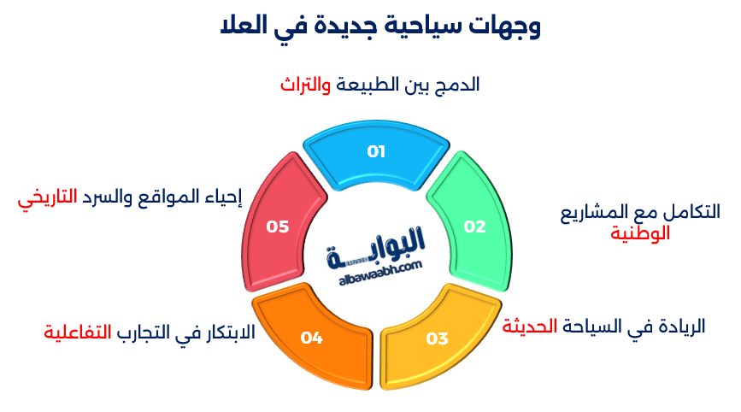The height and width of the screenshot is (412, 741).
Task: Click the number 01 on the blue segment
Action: pyautogui.click(x=376, y=152)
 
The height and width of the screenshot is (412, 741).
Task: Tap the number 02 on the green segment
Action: pyautogui.click(x=474, y=227)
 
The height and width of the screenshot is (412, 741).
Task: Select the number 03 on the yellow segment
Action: pyautogui.click(x=437, y=338)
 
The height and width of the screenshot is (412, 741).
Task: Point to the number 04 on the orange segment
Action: pyautogui.click(x=311, y=338)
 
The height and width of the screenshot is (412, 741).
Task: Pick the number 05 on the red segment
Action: pyautogui.click(x=278, y=227)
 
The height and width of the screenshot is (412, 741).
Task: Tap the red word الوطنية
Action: pyautogui.click(x=639, y=232)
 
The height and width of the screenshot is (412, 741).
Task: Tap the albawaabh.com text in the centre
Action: pyautogui.click(x=374, y=267)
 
